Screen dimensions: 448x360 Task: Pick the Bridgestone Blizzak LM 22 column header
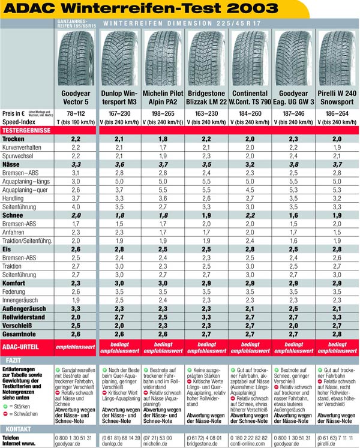coord(207,98)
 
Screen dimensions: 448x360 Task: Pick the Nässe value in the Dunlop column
coord(120,163)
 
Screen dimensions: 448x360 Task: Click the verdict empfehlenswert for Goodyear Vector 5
coord(76,346)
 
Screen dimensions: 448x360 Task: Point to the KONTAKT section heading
coord(17,429)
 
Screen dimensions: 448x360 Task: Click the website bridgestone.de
coord(208,444)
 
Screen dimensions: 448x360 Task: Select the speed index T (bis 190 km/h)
coord(76,121)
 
